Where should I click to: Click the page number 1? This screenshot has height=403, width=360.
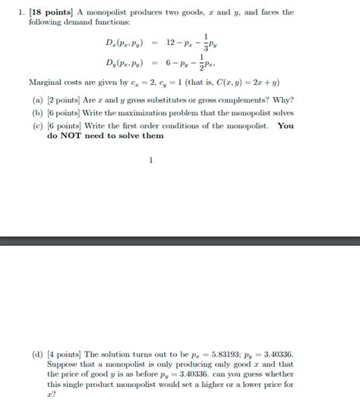[152, 160]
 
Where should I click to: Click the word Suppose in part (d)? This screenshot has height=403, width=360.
[65, 364]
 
